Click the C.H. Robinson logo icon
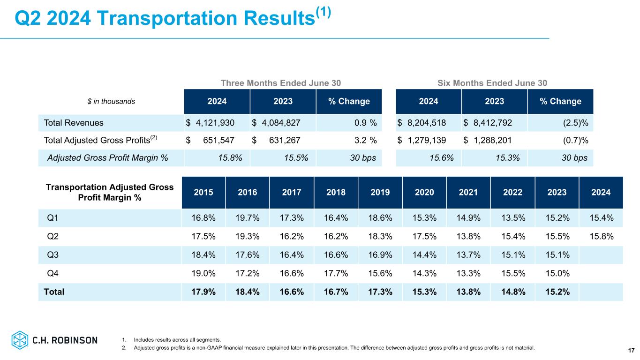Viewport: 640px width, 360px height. coord(20,340)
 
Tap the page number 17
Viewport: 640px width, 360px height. coord(631,351)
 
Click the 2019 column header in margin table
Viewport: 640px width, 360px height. coord(380,192)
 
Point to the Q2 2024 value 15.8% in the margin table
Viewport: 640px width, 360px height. coord(601,236)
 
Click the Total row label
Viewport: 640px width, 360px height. coord(54,292)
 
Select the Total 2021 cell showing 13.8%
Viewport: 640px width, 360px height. coord(468,292)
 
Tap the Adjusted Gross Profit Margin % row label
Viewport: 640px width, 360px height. coord(108,158)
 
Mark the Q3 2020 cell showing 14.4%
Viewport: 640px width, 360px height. coord(424,255)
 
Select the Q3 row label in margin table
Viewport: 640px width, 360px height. coord(53,255)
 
